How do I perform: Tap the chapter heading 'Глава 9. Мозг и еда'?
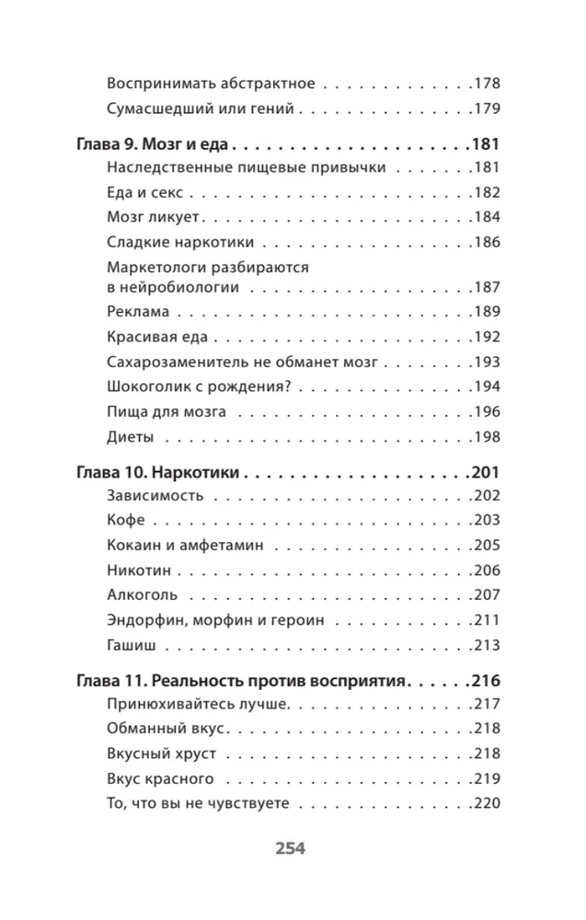(x=154, y=144)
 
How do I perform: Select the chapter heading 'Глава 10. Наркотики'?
(x=155, y=473)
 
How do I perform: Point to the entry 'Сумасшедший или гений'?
(x=200, y=108)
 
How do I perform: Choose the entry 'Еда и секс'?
(x=145, y=193)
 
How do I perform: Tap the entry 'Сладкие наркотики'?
(x=180, y=243)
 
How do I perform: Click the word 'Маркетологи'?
(x=158, y=268)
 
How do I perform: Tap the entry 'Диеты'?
(x=130, y=436)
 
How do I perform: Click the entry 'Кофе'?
(x=126, y=521)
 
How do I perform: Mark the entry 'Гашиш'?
(x=131, y=644)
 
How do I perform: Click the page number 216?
(x=484, y=682)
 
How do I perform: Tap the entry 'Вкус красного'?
(x=161, y=778)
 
